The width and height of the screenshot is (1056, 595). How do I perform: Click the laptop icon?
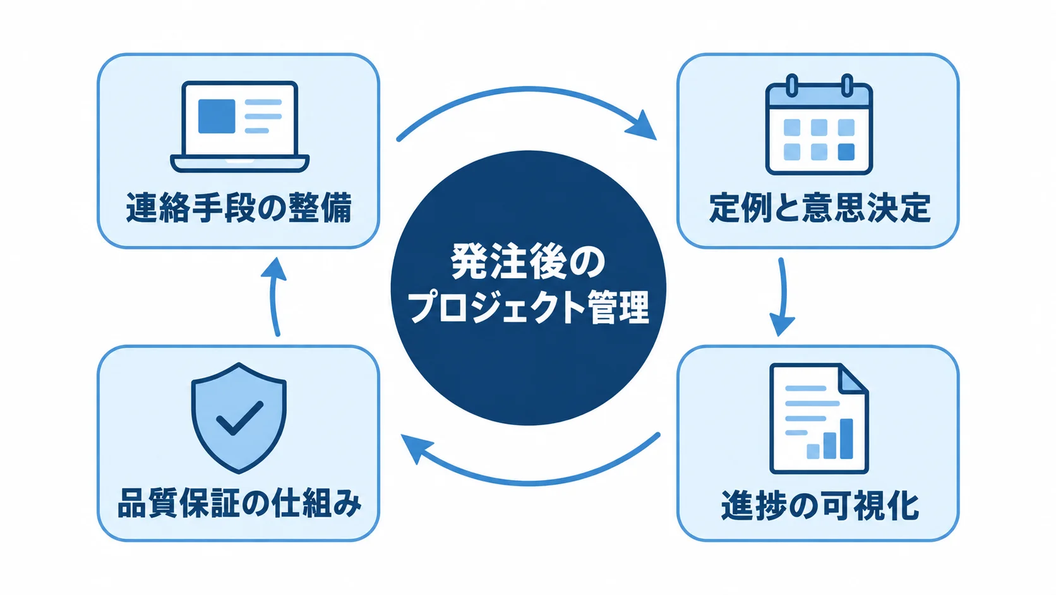239,126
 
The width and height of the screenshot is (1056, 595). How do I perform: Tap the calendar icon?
819,125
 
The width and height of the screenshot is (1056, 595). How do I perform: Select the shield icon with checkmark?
239,418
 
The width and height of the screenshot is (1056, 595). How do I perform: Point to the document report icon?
819,418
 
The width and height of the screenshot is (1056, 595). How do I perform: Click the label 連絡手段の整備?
239,207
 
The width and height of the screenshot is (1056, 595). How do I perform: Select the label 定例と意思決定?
819,207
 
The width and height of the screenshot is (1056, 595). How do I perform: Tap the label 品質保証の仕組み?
239,503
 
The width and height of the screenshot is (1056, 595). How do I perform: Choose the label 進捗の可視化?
819,505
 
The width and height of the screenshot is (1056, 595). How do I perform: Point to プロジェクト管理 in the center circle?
528,307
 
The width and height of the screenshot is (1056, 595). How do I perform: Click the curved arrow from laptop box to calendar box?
528,90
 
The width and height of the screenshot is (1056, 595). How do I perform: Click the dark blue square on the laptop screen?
217,116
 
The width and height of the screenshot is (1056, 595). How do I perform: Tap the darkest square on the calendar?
846,152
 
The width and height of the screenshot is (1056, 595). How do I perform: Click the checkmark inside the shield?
239,417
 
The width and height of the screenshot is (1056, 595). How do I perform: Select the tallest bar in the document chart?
847,438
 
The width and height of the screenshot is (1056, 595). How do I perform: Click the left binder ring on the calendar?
792,85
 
